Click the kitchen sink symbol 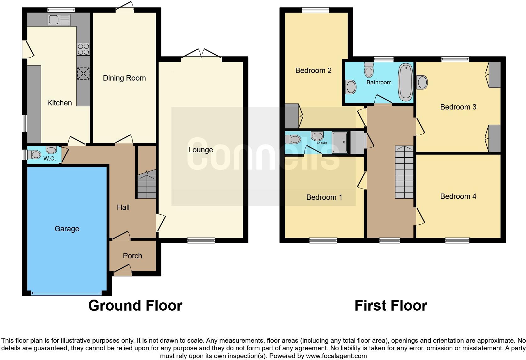click(x=59, y=20)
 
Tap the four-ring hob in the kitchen click(x=83, y=49)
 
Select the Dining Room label click(x=124, y=78)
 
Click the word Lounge click(x=200, y=150)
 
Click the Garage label click(x=67, y=229)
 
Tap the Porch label click(x=132, y=256)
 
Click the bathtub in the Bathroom click(x=405, y=81)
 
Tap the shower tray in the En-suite click(x=340, y=143)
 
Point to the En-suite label click(x=322, y=143)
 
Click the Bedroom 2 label click(x=313, y=70)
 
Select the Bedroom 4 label click(x=458, y=196)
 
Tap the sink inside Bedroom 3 click(x=422, y=82)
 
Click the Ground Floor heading click(x=135, y=306)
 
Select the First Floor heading click(x=391, y=306)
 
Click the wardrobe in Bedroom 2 click(x=292, y=115)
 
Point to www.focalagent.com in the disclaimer click(x=336, y=356)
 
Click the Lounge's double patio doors click(x=201, y=53)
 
